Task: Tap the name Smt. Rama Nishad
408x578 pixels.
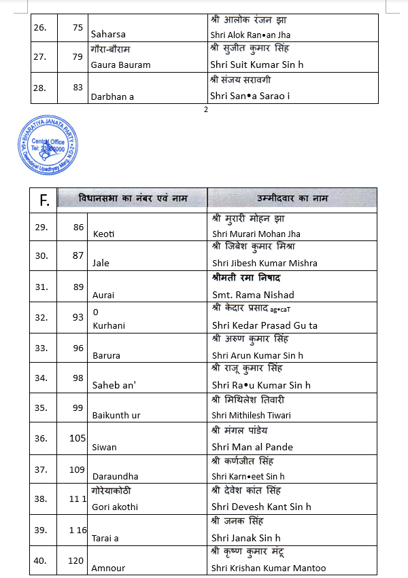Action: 253,295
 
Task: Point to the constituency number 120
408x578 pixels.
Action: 76,560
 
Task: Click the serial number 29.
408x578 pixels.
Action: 42,227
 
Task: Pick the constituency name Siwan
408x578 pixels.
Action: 104,447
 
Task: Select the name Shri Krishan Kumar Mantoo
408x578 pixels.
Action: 269,568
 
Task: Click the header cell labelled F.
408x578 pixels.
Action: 44,200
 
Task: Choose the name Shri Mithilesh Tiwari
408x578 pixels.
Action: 251,415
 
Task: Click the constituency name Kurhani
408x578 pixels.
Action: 109,325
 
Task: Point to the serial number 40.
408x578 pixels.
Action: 42,560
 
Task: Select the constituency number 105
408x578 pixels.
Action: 78,438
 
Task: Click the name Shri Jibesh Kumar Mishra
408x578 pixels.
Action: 265,263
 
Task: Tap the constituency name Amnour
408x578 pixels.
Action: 109,568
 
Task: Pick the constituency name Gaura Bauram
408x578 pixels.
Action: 120,65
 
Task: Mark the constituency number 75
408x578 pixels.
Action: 78,26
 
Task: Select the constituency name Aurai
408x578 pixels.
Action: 103,295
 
